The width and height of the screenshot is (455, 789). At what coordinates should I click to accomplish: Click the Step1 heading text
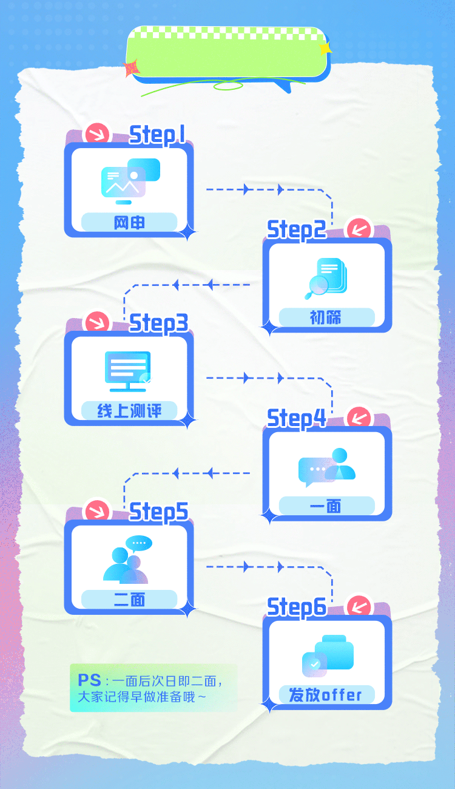tap(157, 135)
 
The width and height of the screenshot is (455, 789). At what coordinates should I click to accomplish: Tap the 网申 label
tap(129, 223)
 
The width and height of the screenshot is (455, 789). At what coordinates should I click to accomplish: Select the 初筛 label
tap(325, 317)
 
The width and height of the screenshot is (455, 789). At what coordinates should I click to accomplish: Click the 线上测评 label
tap(129, 411)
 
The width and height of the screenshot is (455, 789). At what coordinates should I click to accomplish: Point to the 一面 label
tap(325, 506)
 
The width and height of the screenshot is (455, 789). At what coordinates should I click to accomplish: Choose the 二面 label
tap(129, 600)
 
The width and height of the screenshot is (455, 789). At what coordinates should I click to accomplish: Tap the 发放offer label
tap(325, 695)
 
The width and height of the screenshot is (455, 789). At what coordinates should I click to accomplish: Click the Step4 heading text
tap(297, 419)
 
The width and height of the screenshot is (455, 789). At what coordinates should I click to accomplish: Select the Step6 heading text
tap(297, 608)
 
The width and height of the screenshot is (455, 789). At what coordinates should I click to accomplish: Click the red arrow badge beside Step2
tap(359, 229)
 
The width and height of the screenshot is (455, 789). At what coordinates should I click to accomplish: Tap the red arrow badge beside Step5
tap(97, 511)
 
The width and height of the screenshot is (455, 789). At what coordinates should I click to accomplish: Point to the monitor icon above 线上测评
tap(128, 371)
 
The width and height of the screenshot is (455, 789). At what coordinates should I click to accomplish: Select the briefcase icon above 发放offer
tap(334, 652)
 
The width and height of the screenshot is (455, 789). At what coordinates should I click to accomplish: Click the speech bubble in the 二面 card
tap(139, 543)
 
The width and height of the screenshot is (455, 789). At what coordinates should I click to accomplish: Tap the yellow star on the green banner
tap(325, 49)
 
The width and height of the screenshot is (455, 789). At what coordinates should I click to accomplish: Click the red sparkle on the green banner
tap(131, 69)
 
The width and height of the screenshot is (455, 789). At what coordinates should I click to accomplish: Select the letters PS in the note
tap(89, 680)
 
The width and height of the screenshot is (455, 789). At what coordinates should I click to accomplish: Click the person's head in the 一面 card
tap(340, 455)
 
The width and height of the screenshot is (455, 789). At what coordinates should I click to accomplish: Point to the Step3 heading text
tap(158, 323)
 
